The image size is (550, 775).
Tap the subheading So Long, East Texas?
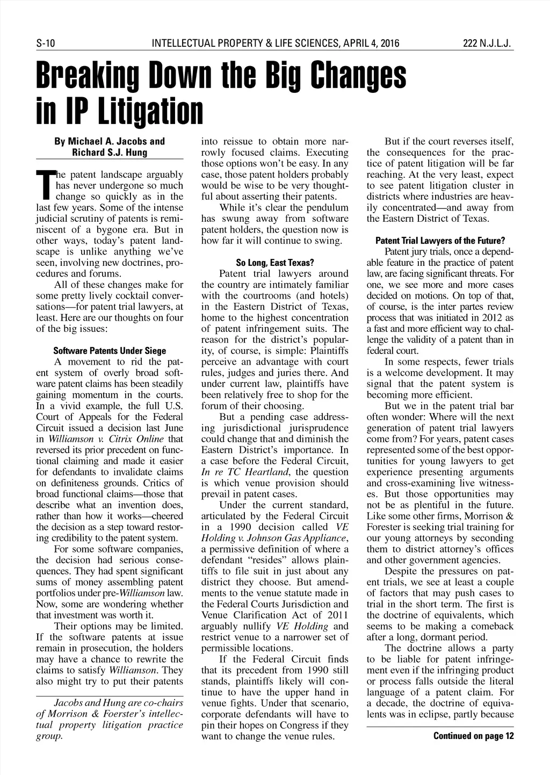pyautogui.click(x=274, y=263)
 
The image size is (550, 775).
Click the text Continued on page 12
pyautogui.click(x=473, y=736)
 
